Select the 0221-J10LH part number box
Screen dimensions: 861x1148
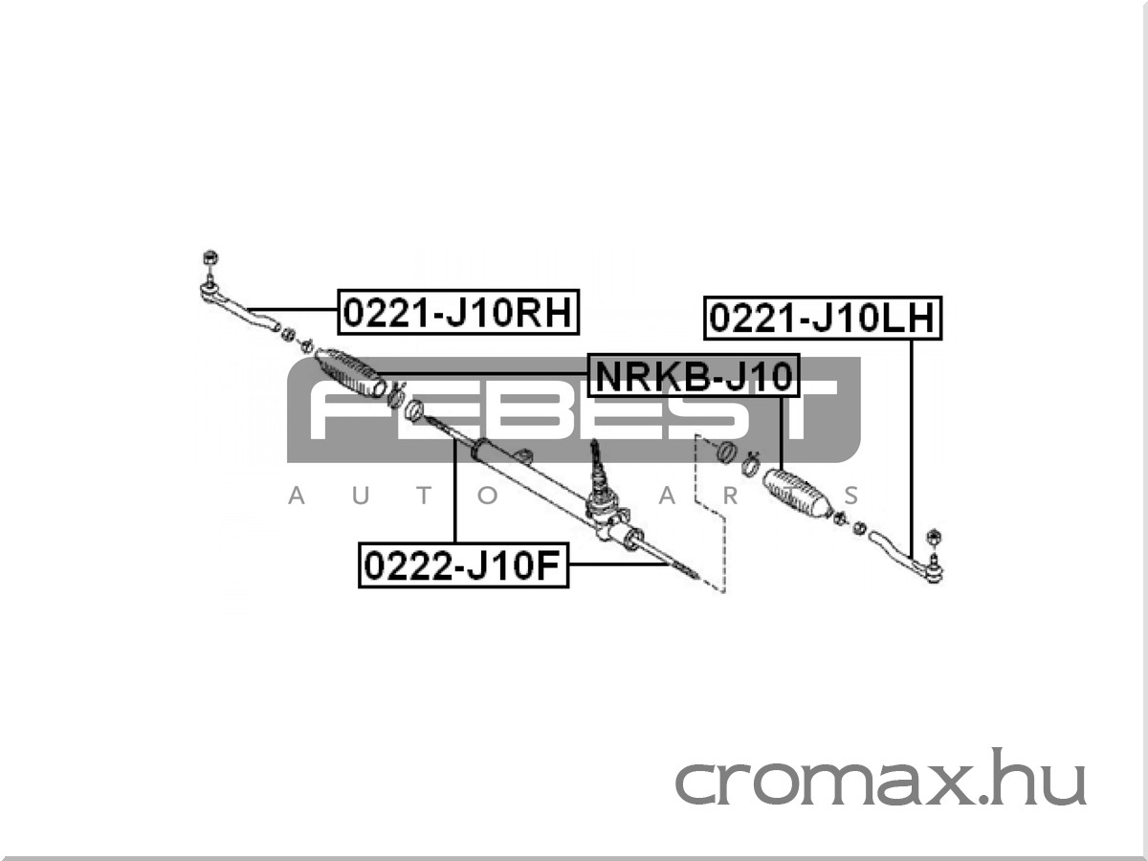[x=824, y=319]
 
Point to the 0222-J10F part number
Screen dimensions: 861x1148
[x=463, y=565]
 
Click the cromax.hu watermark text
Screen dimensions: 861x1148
[x=880, y=783]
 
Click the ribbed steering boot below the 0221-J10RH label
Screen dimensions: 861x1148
[x=351, y=372]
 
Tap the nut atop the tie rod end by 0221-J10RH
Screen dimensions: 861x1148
[x=210, y=257]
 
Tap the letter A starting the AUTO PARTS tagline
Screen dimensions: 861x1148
[x=297, y=497]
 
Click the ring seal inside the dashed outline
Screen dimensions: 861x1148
[x=724, y=451]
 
